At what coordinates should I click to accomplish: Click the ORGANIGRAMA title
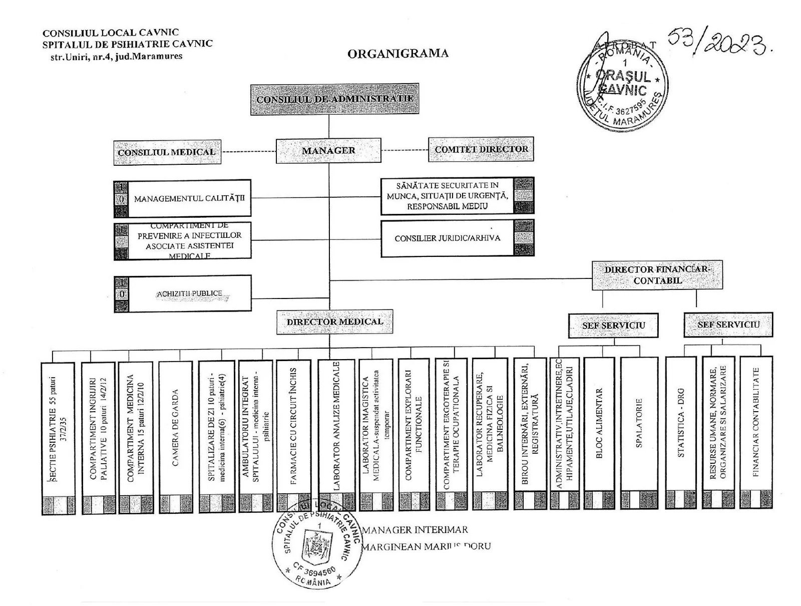pyautogui.click(x=397, y=54)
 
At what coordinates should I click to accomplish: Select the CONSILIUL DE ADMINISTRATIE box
pyautogui.click(x=334, y=99)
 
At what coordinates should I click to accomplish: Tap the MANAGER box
pyautogui.click(x=328, y=150)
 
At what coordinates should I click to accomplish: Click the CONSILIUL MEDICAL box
pyautogui.click(x=167, y=152)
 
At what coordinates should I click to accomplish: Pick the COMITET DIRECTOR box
pyautogui.click(x=481, y=149)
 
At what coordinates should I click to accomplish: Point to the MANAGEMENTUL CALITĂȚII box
pyautogui.click(x=189, y=198)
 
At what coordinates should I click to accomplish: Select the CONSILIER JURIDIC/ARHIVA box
pyautogui.click(x=447, y=238)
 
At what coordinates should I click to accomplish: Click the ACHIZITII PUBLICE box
pyautogui.click(x=189, y=294)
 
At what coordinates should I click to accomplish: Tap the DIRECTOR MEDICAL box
pyautogui.click(x=334, y=322)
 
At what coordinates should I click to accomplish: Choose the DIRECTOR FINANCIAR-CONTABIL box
pyautogui.click(x=657, y=275)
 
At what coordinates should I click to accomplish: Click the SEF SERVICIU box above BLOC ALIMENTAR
pyautogui.click(x=613, y=326)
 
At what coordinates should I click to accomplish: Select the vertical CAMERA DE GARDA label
pyautogui.click(x=175, y=428)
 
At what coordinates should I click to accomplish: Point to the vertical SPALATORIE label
pyautogui.click(x=638, y=423)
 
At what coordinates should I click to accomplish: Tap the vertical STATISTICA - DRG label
pyautogui.click(x=680, y=423)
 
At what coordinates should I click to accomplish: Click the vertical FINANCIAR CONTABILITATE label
pyautogui.click(x=756, y=423)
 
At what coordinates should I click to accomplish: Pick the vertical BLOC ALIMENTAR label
pyautogui.click(x=599, y=423)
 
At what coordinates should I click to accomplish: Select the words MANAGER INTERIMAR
pyautogui.click(x=415, y=530)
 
